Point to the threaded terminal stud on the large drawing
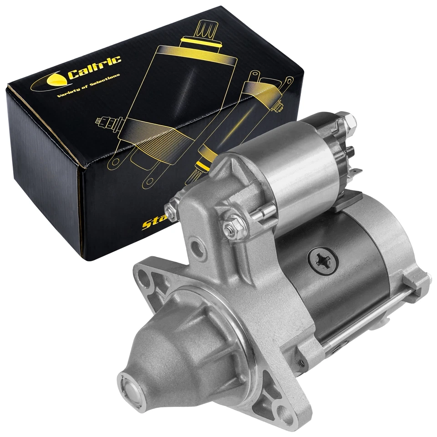pyautogui.click(x=107, y=122)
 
